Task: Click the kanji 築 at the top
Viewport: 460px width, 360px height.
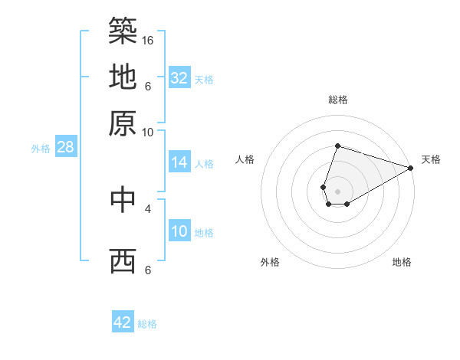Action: coord(123,29)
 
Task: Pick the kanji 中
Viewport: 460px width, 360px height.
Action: coord(123,199)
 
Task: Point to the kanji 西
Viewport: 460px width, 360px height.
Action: coord(123,261)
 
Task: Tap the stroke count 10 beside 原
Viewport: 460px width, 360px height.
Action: coord(148,132)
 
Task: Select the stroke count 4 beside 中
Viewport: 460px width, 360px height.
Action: coord(148,208)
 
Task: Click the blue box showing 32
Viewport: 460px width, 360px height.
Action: coord(179,78)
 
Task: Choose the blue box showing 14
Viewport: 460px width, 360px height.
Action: coord(179,162)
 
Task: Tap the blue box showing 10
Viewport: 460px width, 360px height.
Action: coord(179,232)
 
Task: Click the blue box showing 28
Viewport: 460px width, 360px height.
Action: coord(65,148)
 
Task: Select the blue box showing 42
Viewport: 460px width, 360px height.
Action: coord(123,322)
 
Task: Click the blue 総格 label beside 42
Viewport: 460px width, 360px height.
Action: coord(147,324)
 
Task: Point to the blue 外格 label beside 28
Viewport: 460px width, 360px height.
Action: coord(41,149)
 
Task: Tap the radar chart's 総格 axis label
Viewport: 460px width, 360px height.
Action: coord(337,100)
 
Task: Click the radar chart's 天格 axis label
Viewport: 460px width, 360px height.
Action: coord(431,159)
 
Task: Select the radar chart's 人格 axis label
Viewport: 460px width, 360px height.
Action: coord(245,159)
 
